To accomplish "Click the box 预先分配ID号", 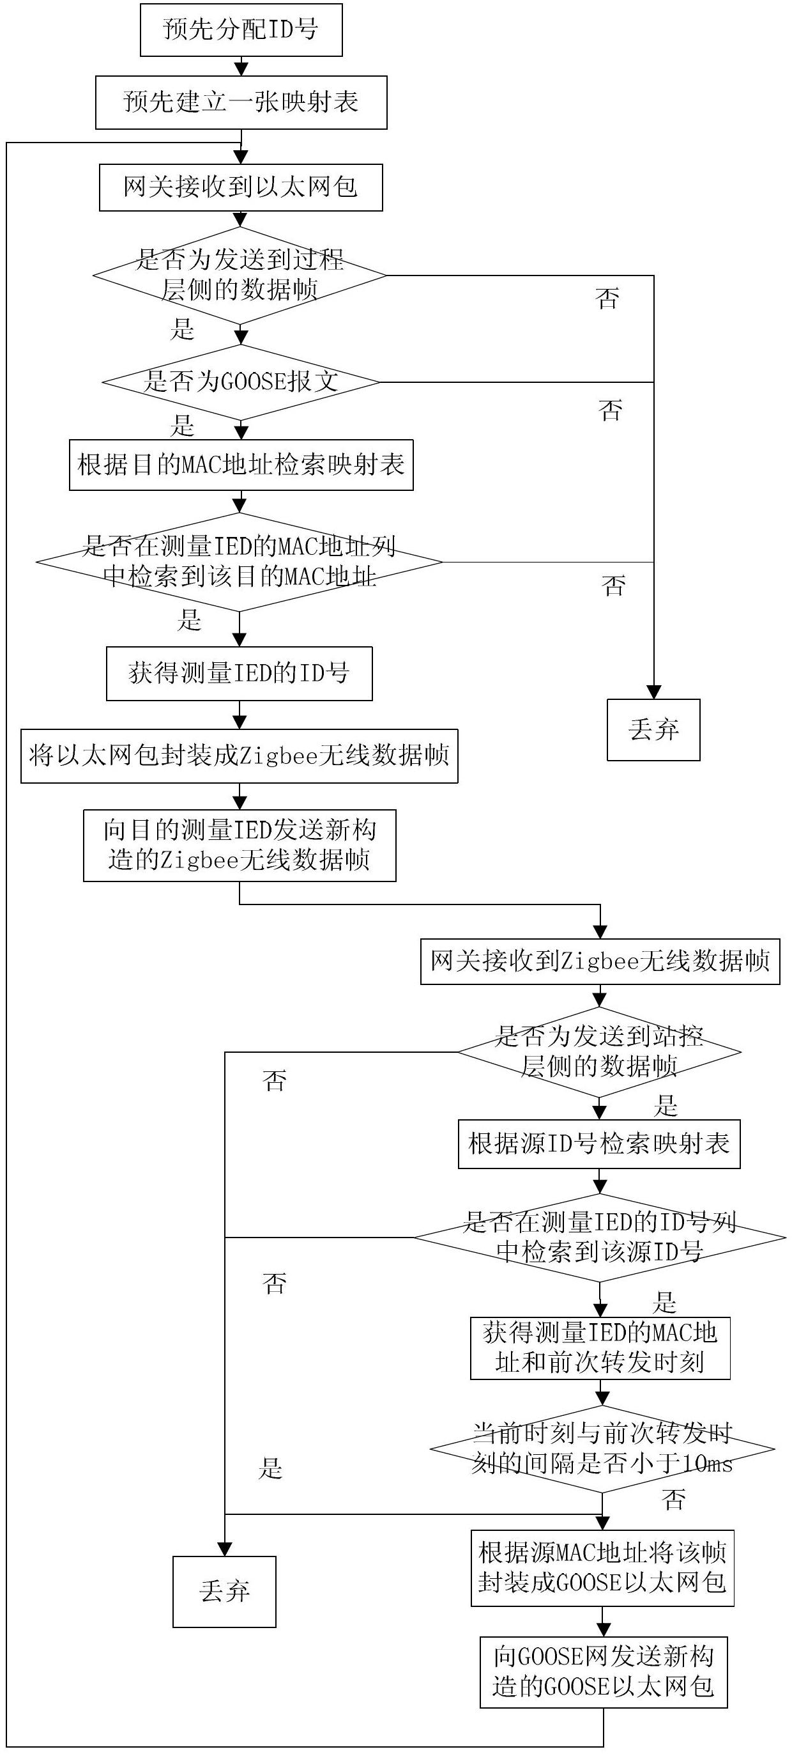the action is tap(241, 30).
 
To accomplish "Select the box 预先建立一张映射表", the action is tap(241, 103).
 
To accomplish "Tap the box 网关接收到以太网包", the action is tap(241, 187).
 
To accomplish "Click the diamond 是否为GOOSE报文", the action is tap(241, 382).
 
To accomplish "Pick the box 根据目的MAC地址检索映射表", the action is tap(241, 466).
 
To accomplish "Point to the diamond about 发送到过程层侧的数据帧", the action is tap(240, 276).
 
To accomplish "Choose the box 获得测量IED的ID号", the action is tap(240, 674).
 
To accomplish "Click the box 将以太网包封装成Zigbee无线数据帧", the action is tap(240, 756).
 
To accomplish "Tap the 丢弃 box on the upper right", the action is tap(653, 730).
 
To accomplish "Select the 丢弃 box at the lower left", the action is tap(225, 1592).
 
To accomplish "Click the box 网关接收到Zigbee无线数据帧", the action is tap(600, 961).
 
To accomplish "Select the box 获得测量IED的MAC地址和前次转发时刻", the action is tap(600, 1349).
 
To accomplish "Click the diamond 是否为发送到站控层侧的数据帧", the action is tap(598, 1052).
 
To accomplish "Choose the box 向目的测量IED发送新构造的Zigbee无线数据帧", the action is tap(240, 846).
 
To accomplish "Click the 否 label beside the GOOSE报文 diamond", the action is tap(611, 410).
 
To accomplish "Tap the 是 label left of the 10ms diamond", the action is tap(270, 1469).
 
